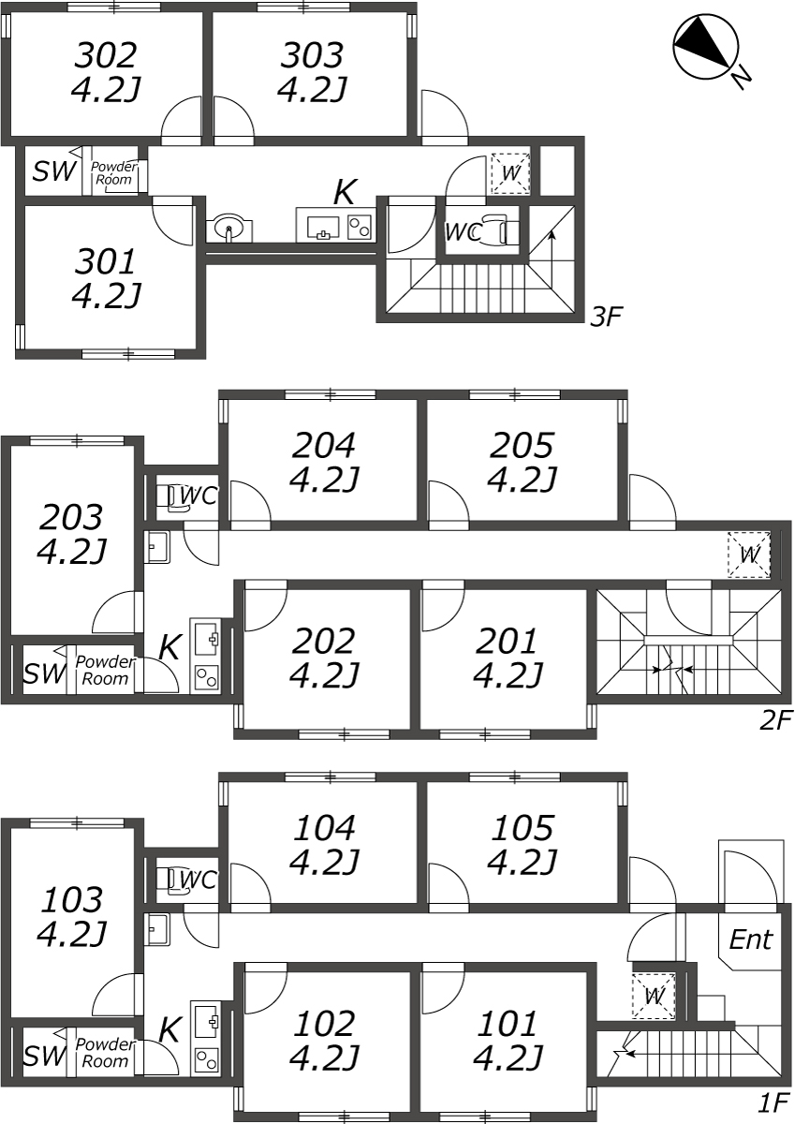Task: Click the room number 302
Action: tap(105, 55)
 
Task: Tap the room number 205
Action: tap(522, 445)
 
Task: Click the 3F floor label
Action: tap(606, 317)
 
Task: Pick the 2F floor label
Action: tap(775, 720)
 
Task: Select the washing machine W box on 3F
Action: tap(510, 173)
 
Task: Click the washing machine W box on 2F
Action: tap(749, 555)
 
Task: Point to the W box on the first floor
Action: tap(654, 996)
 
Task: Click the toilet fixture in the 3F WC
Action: tap(500, 230)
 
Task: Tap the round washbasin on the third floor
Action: tap(228, 229)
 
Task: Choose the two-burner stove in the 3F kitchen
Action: tap(361, 227)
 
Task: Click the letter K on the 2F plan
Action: tap(169, 647)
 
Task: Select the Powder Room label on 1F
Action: tap(105, 1053)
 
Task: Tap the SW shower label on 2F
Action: tap(45, 673)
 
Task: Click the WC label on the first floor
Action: tap(199, 880)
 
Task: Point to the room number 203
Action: tap(71, 517)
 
